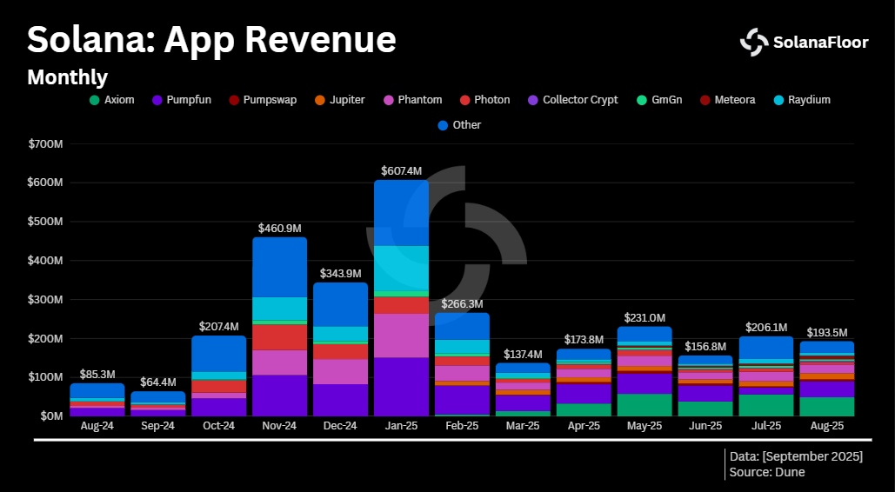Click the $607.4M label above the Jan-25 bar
[x=401, y=171]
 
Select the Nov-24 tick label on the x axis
[x=279, y=426]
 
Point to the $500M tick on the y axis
[x=46, y=222]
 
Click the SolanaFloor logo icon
[x=753, y=42]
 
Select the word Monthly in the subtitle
[x=67, y=77]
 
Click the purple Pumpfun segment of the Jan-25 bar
[x=401, y=386]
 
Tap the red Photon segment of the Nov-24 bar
[x=279, y=336]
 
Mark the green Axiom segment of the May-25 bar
[x=645, y=405]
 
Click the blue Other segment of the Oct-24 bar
[x=218, y=353]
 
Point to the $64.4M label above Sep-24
[x=157, y=382]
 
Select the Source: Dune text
[x=767, y=472]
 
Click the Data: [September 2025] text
[x=796, y=456]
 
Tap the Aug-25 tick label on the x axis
[x=826, y=426]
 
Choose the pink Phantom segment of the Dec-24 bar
[x=340, y=371]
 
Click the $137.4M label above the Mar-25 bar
[x=523, y=355]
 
